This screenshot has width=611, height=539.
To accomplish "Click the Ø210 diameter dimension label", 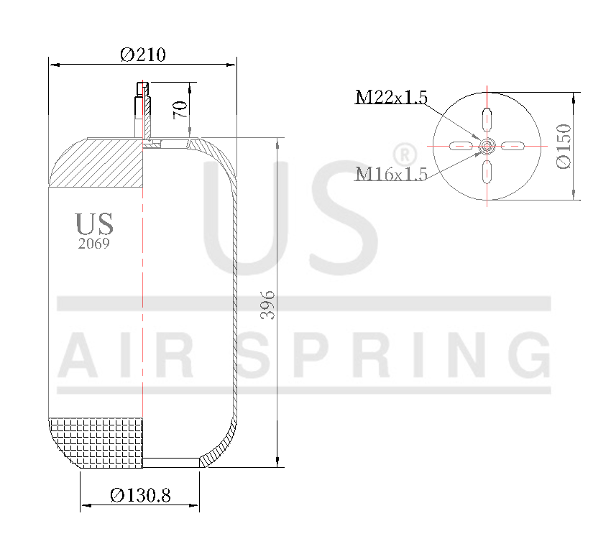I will tap(143, 55).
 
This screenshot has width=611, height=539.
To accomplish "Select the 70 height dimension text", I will tap(180, 109).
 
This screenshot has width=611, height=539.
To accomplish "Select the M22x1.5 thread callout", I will tap(391, 97).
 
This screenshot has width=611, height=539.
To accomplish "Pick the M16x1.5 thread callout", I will tap(391, 173).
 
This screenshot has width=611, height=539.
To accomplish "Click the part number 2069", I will tap(94, 244).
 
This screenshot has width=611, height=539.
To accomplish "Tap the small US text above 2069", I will tap(94, 224).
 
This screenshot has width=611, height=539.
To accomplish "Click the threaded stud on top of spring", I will tap(142, 108).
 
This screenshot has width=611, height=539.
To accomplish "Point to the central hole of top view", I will tap(487, 147).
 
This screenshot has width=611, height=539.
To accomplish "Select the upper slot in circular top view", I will tap(487, 119).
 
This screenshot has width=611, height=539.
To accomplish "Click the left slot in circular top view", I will tap(459, 147).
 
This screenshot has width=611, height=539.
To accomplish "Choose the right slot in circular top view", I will tap(514, 147).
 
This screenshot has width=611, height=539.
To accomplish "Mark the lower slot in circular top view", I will tap(487, 173).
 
